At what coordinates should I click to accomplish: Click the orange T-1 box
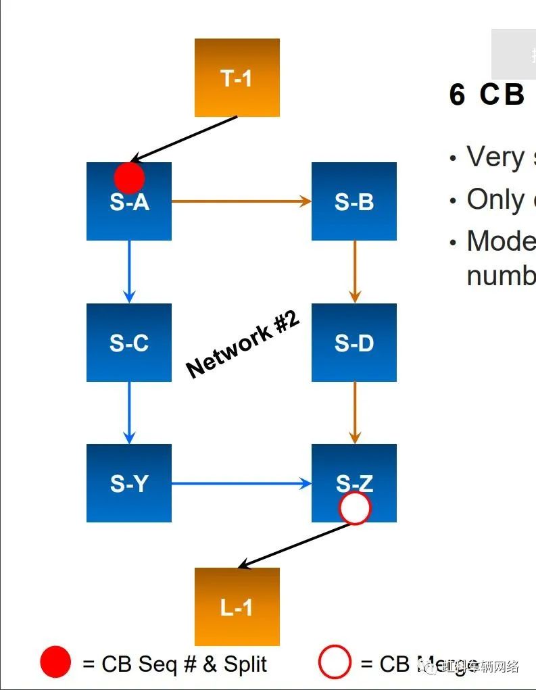pyautogui.click(x=237, y=78)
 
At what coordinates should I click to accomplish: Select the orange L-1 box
pyautogui.click(x=237, y=606)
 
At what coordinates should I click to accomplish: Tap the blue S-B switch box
pyautogui.click(x=354, y=201)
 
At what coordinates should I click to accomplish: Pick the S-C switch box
pyautogui.click(x=128, y=342)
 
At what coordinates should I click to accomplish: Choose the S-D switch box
pyautogui.click(x=354, y=342)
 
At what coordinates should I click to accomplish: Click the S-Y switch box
pyautogui.click(x=128, y=483)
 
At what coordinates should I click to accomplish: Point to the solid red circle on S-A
pyautogui.click(x=129, y=178)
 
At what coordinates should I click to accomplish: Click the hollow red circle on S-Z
pyautogui.click(x=355, y=508)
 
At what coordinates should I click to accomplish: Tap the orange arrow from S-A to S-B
pyautogui.click(x=241, y=201)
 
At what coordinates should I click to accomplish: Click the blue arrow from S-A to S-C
pyautogui.click(x=129, y=271)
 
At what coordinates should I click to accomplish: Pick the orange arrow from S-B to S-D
pyautogui.click(x=354, y=271)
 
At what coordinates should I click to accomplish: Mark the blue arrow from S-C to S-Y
pyautogui.click(x=129, y=412)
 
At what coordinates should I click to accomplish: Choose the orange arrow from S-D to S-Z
pyautogui.click(x=354, y=412)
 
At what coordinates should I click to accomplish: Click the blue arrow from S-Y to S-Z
pyautogui.click(x=241, y=483)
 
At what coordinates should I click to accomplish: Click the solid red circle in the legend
pyautogui.click(x=55, y=662)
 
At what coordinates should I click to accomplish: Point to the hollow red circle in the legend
pyautogui.click(x=335, y=662)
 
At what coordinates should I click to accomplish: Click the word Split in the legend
pyautogui.click(x=245, y=664)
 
